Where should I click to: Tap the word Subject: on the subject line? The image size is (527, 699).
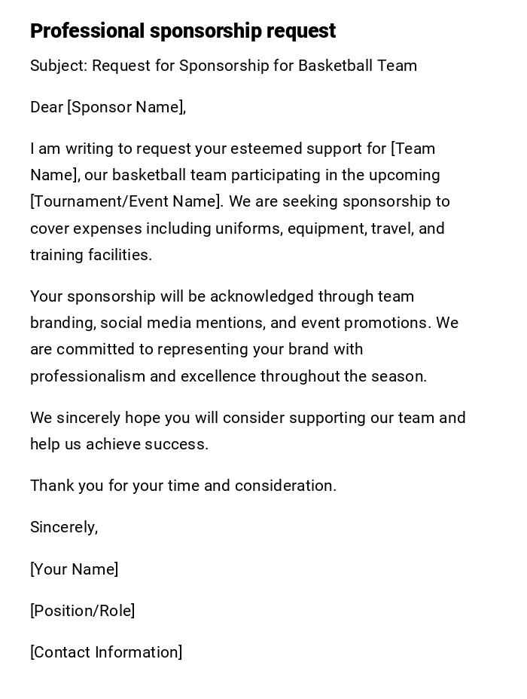point(59,66)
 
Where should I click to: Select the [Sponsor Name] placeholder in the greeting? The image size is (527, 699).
point(126,108)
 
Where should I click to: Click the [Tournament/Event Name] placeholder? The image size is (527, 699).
point(126,202)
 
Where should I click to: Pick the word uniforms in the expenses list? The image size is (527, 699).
point(248,228)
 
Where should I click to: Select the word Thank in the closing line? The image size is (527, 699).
point(52,486)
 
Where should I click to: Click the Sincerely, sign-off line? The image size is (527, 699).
point(64,527)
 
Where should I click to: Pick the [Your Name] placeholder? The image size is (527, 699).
point(75,569)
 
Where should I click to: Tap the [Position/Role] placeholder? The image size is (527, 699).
point(83,611)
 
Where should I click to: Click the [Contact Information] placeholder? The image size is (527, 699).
point(106,652)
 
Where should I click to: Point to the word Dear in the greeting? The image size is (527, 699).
point(46,108)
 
